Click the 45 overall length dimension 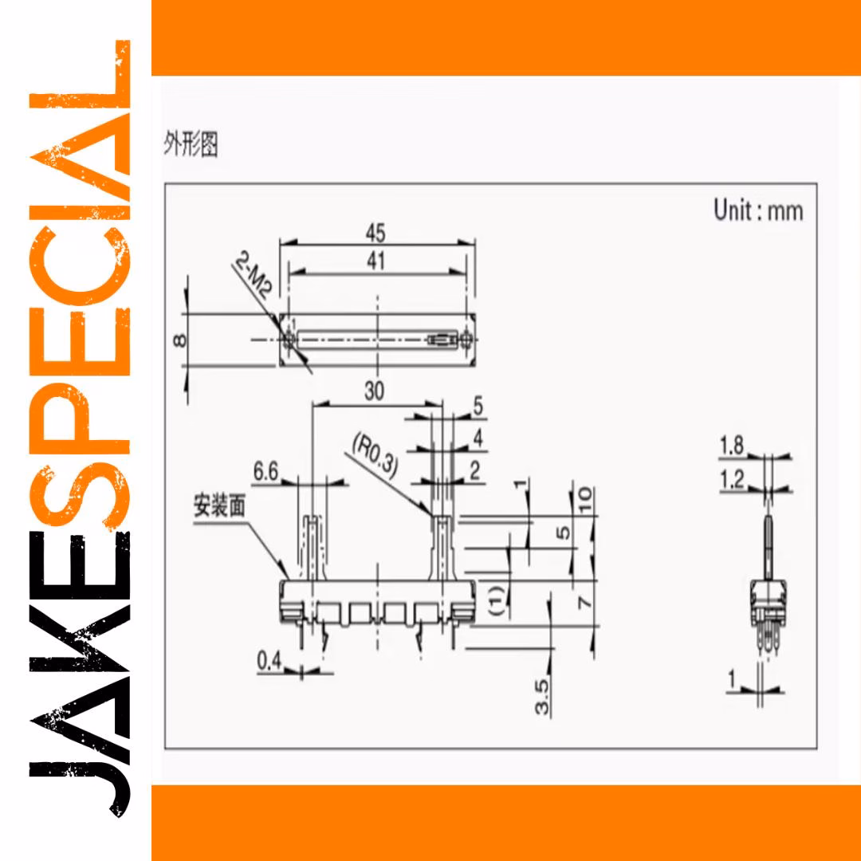375,233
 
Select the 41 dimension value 375,261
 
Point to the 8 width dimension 179,341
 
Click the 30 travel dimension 374,391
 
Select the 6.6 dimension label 265,472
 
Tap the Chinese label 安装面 219,505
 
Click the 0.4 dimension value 269,661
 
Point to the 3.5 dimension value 542,697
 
